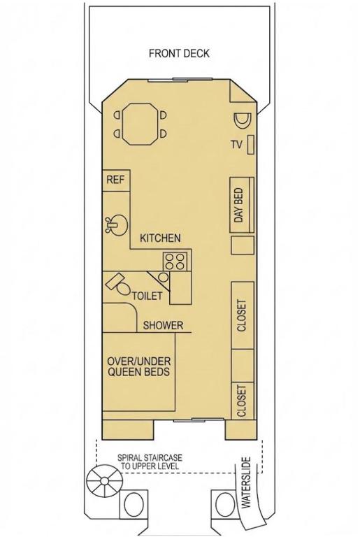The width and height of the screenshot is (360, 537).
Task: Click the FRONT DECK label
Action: [179, 53]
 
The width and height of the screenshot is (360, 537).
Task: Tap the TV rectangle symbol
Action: [251, 145]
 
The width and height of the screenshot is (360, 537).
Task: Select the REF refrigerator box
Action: [116, 180]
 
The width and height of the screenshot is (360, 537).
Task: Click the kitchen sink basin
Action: [117, 224]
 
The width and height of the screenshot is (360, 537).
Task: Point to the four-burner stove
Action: [175, 262]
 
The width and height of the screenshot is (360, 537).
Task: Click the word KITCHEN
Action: [160, 238]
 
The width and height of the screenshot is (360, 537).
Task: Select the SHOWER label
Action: [163, 325]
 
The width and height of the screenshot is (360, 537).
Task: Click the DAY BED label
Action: [239, 205]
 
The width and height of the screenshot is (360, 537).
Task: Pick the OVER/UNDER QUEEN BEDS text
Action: [138, 366]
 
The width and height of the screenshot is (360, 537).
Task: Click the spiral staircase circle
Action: [104, 482]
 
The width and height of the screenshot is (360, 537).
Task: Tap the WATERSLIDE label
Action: [246, 482]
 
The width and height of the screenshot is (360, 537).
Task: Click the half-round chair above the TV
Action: [243, 120]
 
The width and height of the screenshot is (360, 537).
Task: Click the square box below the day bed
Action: [243, 245]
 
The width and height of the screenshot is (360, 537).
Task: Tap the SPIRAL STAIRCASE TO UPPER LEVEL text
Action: [150, 461]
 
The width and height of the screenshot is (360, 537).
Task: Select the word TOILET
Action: [147, 296]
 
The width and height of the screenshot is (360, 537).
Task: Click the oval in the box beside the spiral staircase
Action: [134, 505]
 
